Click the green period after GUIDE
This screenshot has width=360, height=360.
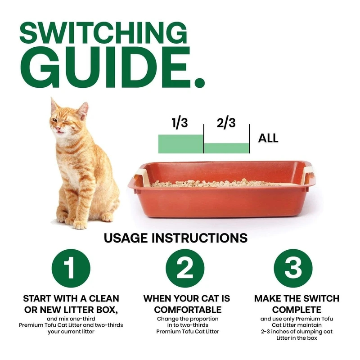coord(198,82)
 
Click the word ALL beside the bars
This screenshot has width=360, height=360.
coord(268,138)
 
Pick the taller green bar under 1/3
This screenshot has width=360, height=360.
coord(180,144)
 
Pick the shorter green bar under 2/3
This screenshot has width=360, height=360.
coord(227,148)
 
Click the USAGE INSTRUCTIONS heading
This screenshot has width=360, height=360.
coord(175,238)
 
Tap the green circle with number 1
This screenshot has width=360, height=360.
coord(71,269)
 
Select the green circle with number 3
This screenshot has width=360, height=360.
coord(293,269)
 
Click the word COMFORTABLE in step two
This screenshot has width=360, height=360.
coord(188,310)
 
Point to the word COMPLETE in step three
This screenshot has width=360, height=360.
coord(297,310)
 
